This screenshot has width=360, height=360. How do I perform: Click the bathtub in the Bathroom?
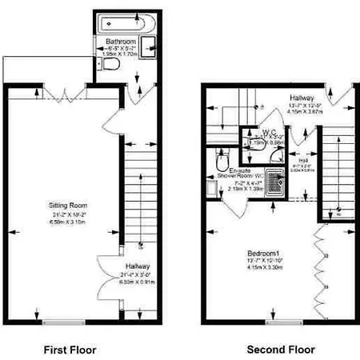point(124,22)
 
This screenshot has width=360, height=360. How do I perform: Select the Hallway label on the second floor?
point(307,97)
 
